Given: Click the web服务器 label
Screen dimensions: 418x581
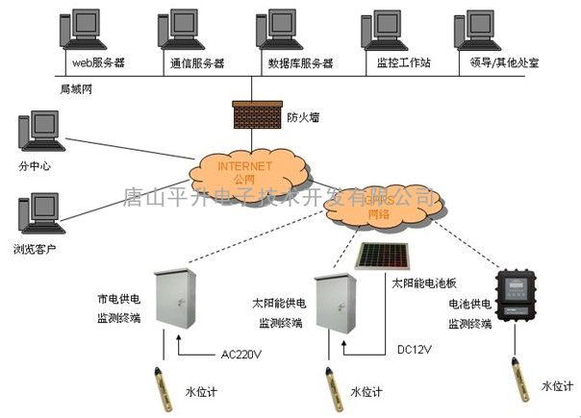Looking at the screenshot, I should click(x=99, y=63).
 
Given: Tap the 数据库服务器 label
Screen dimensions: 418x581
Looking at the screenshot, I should click(x=300, y=63).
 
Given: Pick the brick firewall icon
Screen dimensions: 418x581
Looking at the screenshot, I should click(x=254, y=114).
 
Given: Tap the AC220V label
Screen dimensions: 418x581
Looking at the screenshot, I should click(x=241, y=354).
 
